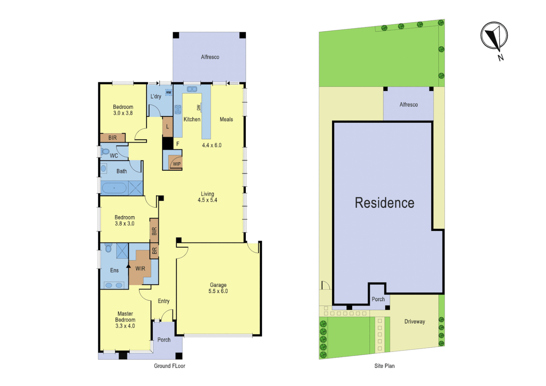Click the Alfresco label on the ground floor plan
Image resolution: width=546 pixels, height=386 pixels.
210,57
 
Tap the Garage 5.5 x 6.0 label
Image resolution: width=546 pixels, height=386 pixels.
218,288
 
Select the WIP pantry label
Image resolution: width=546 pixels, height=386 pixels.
177,164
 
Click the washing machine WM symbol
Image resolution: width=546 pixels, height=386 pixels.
169,93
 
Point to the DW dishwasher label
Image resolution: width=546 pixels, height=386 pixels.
199,107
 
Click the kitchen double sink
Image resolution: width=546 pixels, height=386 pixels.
192,89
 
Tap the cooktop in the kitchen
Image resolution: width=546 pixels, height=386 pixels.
178,110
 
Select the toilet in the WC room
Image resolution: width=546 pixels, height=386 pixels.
105,152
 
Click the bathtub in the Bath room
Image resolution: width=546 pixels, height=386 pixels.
114,188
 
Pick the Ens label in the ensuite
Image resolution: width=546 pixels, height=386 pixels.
114,271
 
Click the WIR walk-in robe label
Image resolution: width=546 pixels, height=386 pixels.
140,269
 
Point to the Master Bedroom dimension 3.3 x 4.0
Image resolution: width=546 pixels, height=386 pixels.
125,326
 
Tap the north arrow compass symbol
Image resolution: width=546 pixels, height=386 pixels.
494,36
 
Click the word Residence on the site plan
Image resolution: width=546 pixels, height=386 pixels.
385,203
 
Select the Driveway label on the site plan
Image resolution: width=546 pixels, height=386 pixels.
415,322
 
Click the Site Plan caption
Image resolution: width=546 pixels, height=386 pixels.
385,366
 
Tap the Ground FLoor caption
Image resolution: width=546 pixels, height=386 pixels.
170,366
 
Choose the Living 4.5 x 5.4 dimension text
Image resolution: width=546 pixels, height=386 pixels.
207,200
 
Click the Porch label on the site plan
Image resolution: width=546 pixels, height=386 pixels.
378,300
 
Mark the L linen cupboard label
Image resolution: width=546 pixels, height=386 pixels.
167,127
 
